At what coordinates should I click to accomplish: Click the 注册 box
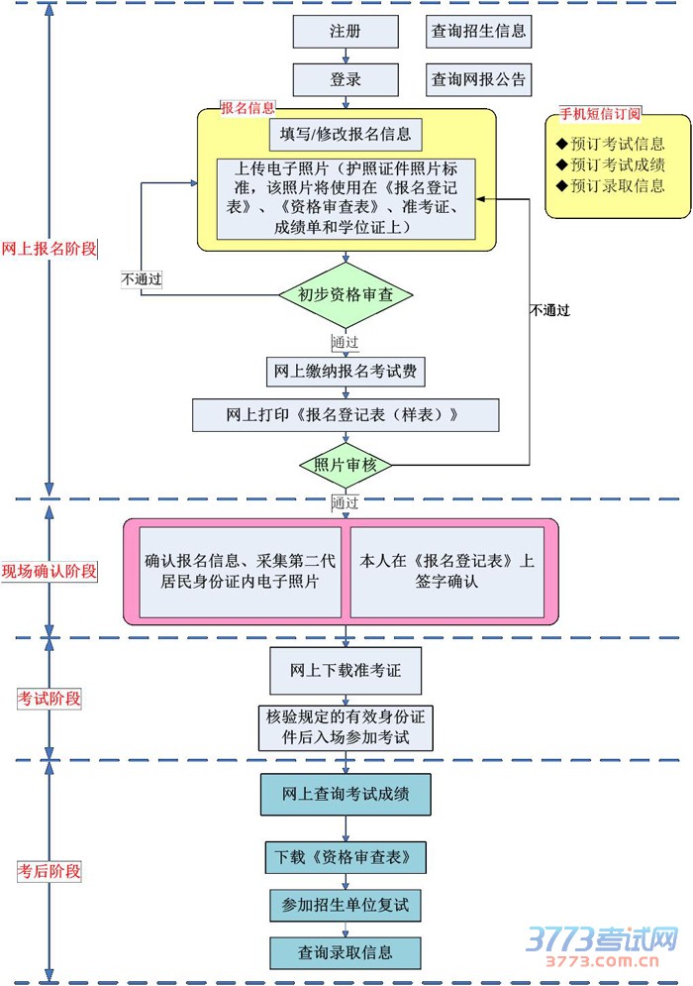tap(346, 32)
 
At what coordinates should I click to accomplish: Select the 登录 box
tap(346, 79)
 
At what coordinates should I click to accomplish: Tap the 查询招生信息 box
tap(478, 32)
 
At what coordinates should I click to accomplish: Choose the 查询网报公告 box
tap(478, 79)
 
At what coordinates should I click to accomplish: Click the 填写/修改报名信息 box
tap(346, 134)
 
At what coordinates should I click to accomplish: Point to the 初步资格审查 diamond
tap(346, 294)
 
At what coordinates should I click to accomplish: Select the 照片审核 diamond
tap(346, 465)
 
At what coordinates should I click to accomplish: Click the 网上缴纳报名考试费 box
tap(346, 372)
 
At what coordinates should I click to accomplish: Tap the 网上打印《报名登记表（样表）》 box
tap(346, 415)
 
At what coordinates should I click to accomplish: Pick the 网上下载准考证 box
tap(346, 671)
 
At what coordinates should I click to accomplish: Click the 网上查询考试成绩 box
tap(346, 794)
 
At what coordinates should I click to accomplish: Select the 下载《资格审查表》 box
tap(346, 855)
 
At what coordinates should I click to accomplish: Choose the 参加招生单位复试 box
tap(346, 905)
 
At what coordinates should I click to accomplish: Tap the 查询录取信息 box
tap(346, 952)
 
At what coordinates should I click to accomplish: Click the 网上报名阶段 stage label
tap(49, 249)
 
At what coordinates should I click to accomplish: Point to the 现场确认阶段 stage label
tap(49, 571)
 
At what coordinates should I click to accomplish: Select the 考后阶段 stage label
tap(49, 872)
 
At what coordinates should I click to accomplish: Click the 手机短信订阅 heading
tap(600, 113)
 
